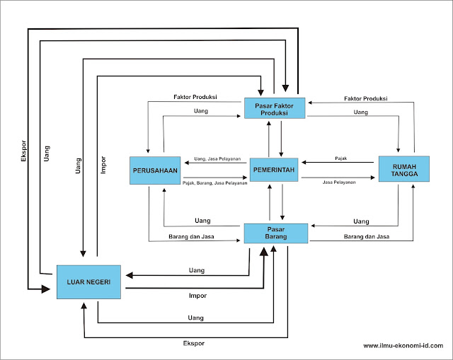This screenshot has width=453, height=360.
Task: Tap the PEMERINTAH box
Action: point(275,170)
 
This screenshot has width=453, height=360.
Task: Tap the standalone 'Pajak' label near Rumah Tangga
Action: point(341,158)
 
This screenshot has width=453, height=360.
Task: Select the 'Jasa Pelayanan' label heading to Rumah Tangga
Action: point(338,182)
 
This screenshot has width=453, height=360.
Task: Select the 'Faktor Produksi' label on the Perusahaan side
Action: point(195,96)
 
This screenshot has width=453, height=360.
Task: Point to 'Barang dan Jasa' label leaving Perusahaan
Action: point(193,236)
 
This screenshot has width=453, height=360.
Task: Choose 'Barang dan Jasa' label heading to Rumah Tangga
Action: point(365,236)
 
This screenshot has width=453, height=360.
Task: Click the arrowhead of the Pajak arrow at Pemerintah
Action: point(305,163)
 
